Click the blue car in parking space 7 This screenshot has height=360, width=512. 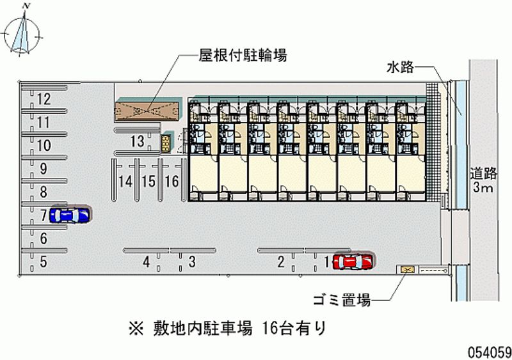[x=69, y=215]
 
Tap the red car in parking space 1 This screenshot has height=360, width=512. [x=353, y=262]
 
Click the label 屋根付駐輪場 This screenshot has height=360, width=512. [x=243, y=55]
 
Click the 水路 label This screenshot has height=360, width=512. [x=401, y=68]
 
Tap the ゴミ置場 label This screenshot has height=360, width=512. [x=342, y=300]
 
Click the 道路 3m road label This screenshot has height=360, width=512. [x=484, y=180]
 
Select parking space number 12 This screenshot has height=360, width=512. [x=44, y=98]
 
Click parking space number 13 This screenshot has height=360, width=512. [x=137, y=141]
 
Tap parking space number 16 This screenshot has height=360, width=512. [x=172, y=181]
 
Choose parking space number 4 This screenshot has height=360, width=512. [x=147, y=262]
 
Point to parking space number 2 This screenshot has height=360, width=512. [x=281, y=262]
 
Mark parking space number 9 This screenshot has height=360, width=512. [x=44, y=169]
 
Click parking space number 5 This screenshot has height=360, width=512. [x=44, y=262]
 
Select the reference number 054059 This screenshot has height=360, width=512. [x=490, y=352]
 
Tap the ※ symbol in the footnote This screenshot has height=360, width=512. [x=136, y=329]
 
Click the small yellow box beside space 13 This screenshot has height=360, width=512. [x=166, y=144]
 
